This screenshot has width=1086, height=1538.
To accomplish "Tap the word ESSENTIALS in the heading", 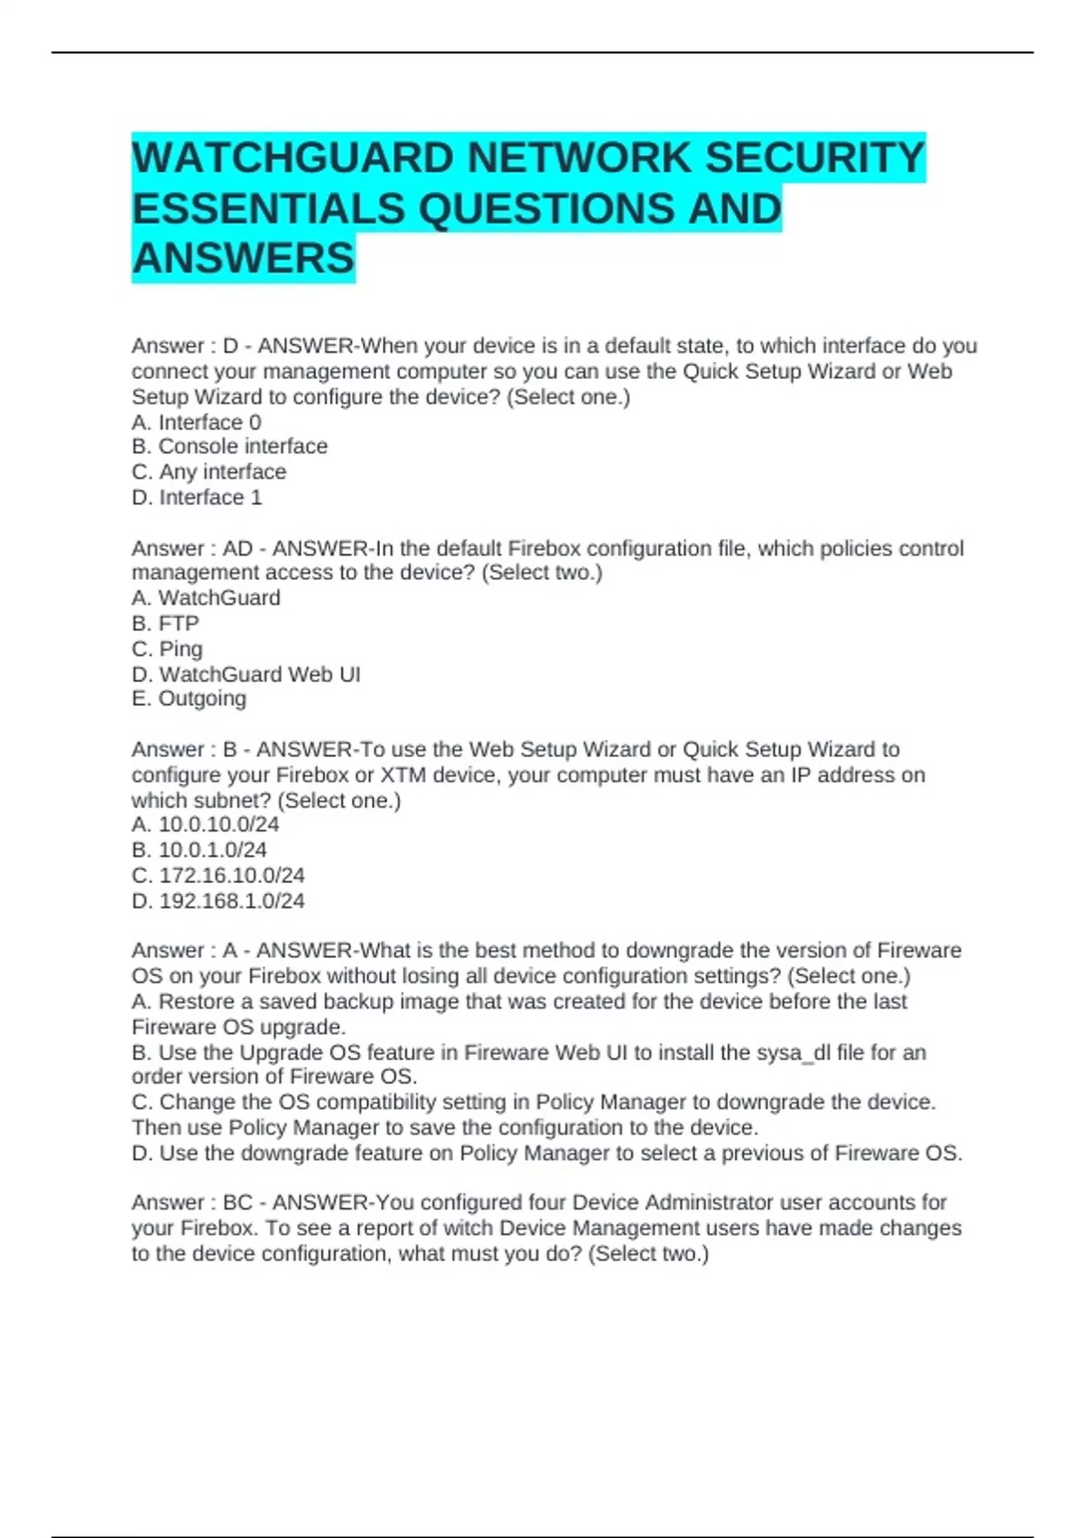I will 268,209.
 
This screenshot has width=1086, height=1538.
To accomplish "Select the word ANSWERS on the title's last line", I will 243,259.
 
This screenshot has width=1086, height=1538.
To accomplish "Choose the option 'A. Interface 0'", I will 196,422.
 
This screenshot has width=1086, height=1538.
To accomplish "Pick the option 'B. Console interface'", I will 229,447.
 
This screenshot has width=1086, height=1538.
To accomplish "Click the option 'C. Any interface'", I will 208,472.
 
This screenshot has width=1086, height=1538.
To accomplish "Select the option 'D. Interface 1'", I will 196,498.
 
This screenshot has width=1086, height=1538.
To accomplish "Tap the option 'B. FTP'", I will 165,623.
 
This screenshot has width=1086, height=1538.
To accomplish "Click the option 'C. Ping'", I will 167,649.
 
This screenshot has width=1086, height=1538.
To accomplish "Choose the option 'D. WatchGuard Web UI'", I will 245,674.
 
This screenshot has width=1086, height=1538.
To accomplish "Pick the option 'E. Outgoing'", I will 188,698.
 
